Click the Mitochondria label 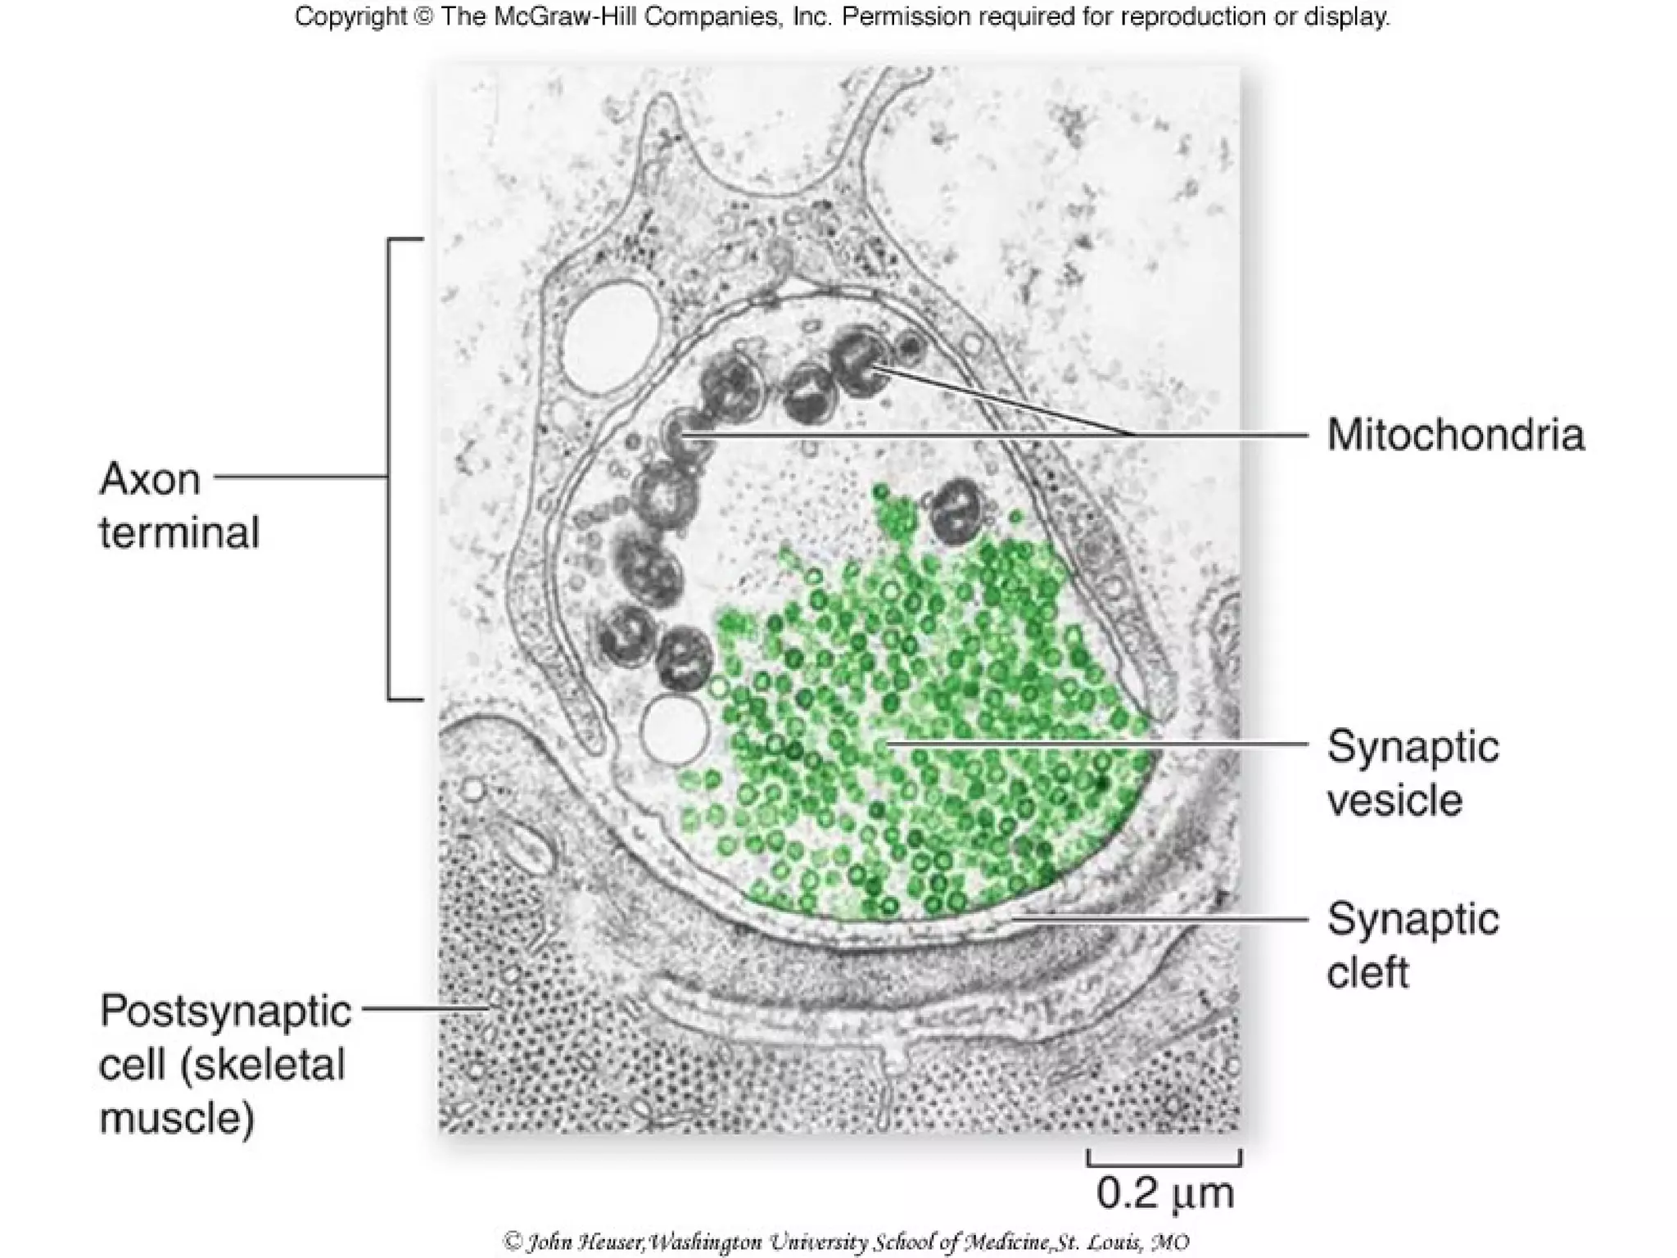[x=1455, y=434]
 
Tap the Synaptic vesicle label [x=1413, y=772]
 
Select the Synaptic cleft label [x=1413, y=944]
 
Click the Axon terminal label [x=179, y=505]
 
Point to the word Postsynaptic [x=225, y=1011]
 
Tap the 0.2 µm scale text [x=1164, y=1194]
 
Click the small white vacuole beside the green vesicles [x=675, y=729]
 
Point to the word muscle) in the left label [x=177, y=1117]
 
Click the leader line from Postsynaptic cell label [x=426, y=1008]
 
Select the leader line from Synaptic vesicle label [x=1097, y=744]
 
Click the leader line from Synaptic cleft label [x=1163, y=918]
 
